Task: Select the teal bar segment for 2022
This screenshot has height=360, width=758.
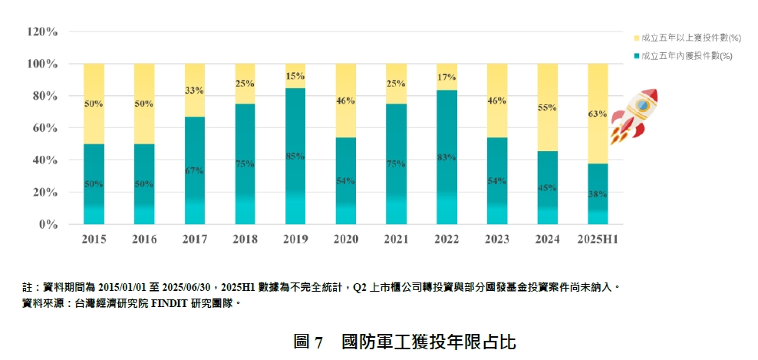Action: point(447,157)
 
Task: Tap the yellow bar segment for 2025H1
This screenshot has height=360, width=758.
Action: point(598,114)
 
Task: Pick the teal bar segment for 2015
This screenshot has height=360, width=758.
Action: point(94,184)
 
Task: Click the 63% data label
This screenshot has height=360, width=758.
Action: point(598,114)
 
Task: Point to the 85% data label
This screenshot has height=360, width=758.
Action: point(295,157)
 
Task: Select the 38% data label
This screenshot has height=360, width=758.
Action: point(598,195)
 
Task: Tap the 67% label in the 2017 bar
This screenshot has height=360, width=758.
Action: point(195,170)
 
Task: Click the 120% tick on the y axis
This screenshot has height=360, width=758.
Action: point(42,32)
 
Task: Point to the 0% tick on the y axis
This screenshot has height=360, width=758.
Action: point(48,225)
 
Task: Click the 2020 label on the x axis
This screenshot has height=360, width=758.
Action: point(345,239)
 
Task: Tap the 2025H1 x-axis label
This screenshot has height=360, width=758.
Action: point(598,239)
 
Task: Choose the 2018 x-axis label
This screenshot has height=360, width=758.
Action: point(245,239)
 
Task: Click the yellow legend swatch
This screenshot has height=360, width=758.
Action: point(636,38)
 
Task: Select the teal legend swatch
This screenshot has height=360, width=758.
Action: point(636,56)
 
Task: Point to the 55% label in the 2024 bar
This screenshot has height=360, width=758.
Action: point(547,108)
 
